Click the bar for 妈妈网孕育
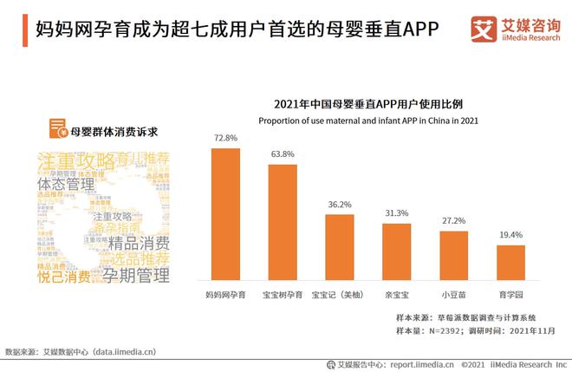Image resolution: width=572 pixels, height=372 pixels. pyautogui.click(x=225, y=214)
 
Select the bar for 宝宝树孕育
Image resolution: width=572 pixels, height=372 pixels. pyautogui.click(x=283, y=221)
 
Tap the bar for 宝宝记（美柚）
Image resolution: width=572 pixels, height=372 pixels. pyautogui.click(x=340, y=247)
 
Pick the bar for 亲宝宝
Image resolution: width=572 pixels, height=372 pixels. pyautogui.click(x=396, y=251)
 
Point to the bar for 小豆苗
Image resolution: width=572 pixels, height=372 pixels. pyautogui.click(x=453, y=256)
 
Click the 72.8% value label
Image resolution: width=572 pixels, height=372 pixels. pyautogui.click(x=225, y=138)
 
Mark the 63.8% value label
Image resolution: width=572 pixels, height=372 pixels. pyautogui.click(x=283, y=154)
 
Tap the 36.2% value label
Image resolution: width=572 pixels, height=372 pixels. pyautogui.click(x=340, y=205)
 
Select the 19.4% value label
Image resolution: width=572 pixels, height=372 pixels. pyautogui.click(x=510, y=235)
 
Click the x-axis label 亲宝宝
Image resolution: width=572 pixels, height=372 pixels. pyautogui.click(x=396, y=295)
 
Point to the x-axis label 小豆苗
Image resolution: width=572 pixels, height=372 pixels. pyautogui.click(x=453, y=295)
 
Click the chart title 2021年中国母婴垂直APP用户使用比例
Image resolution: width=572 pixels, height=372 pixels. pyautogui.click(x=363, y=101)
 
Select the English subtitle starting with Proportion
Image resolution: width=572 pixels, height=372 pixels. pyautogui.click(x=363, y=119)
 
